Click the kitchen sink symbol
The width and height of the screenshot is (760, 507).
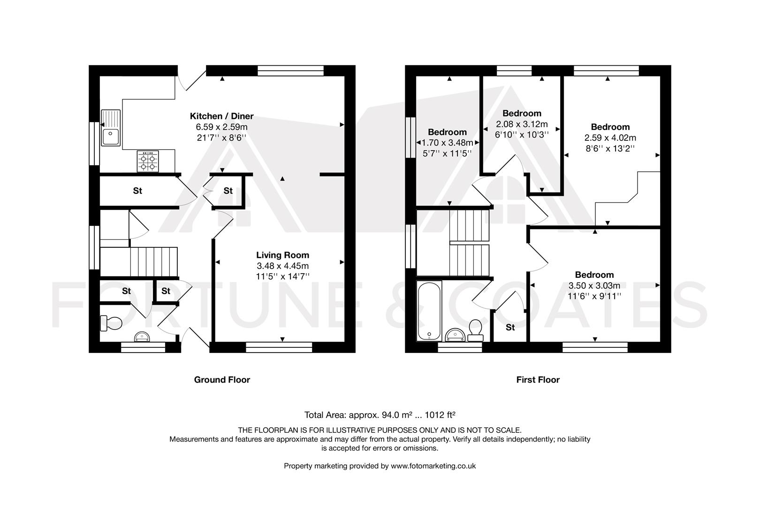[111, 128]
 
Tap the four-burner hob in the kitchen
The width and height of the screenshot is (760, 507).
[148, 161]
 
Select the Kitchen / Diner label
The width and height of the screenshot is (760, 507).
[221, 116]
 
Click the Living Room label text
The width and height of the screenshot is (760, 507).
[282, 255]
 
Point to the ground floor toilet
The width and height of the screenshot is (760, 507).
[111, 323]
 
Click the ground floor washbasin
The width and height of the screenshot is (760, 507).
[142, 336]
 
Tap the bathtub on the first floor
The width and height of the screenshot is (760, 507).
[429, 311]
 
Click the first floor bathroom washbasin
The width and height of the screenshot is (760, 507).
[454, 335]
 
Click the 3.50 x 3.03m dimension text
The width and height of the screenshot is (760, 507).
[594, 285]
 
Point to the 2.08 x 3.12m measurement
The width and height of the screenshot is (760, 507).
[522, 124]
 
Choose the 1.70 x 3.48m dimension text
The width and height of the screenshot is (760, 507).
[447, 142]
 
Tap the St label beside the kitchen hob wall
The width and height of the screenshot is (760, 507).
[137, 191]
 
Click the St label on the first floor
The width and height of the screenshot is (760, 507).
[510, 327]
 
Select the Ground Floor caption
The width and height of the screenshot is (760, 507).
[222, 380]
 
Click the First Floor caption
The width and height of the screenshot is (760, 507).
[538, 380]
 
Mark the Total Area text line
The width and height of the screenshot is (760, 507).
[380, 415]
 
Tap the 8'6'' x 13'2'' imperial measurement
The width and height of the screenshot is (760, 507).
[610, 148]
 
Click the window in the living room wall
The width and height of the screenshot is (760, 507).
[279, 347]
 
